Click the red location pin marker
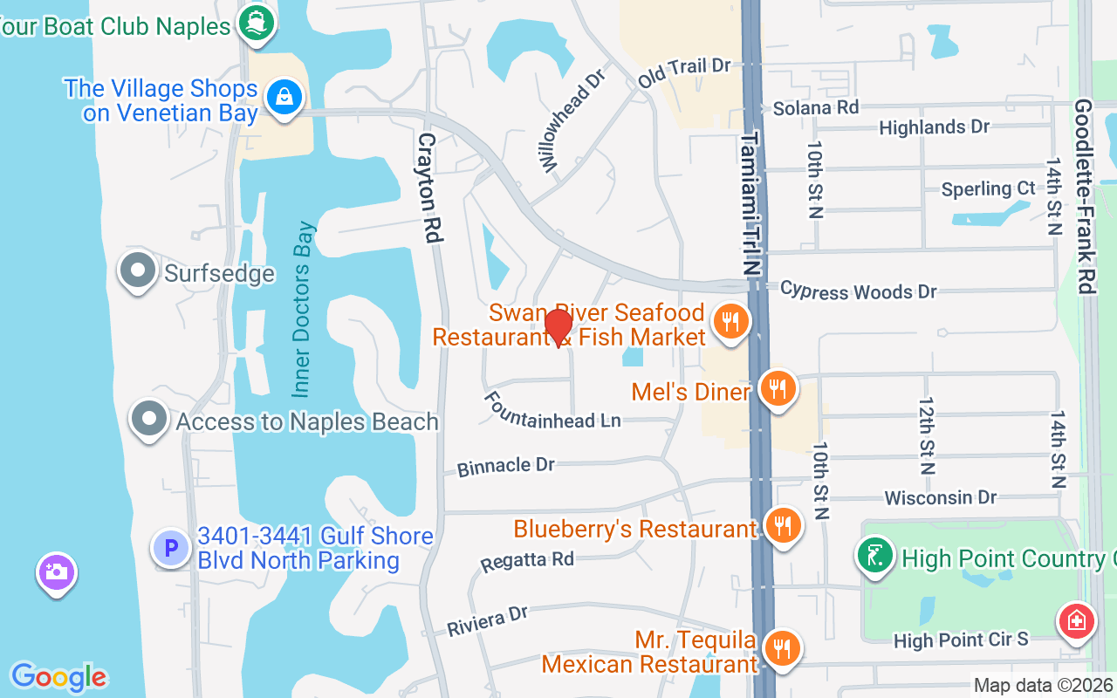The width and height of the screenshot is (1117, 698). pyautogui.click(x=558, y=328)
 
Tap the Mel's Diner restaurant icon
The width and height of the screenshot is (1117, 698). pyautogui.click(x=776, y=388)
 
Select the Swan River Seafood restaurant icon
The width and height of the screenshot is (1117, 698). pyautogui.click(x=731, y=322)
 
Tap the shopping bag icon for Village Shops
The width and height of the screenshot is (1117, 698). pyautogui.click(x=284, y=97)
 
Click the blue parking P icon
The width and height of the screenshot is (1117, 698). pyautogui.click(x=171, y=548)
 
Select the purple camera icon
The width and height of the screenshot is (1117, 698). pyautogui.click(x=57, y=572)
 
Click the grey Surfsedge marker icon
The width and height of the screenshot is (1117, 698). pyautogui.click(x=138, y=271)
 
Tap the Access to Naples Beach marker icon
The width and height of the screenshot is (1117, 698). pyautogui.click(x=149, y=420)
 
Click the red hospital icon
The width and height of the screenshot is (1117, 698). pyautogui.click(x=1076, y=622)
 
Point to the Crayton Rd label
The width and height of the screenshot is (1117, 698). pyautogui.click(x=428, y=188)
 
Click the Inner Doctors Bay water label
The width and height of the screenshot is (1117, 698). pyautogui.click(x=303, y=310)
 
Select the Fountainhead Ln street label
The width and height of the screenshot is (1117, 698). pyautogui.click(x=552, y=411)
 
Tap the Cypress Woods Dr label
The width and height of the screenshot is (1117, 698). pyautogui.click(x=857, y=291)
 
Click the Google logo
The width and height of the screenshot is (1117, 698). pyautogui.click(x=58, y=677)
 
